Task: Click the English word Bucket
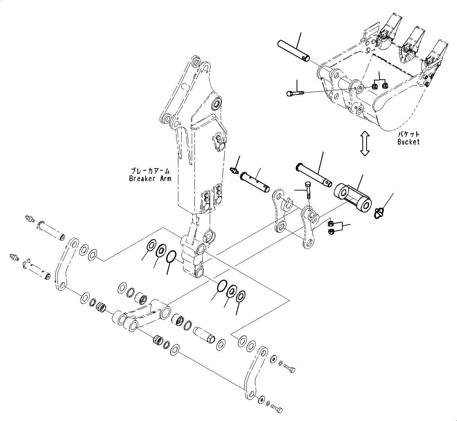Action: click(408, 142)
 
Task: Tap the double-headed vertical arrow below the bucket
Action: click(365, 143)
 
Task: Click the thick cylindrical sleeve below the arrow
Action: click(352, 198)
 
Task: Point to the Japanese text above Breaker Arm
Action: click(152, 171)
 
